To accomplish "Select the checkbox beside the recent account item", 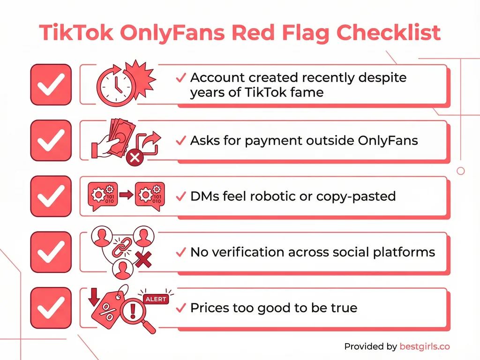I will (51, 84).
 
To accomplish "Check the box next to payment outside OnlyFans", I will (51, 140).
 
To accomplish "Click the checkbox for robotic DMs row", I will (51, 196).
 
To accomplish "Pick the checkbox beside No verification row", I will (51, 252).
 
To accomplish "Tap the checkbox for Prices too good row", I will (51, 307).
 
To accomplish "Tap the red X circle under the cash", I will (135, 157).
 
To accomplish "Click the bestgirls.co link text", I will (424, 346).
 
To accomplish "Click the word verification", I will (254, 252).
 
